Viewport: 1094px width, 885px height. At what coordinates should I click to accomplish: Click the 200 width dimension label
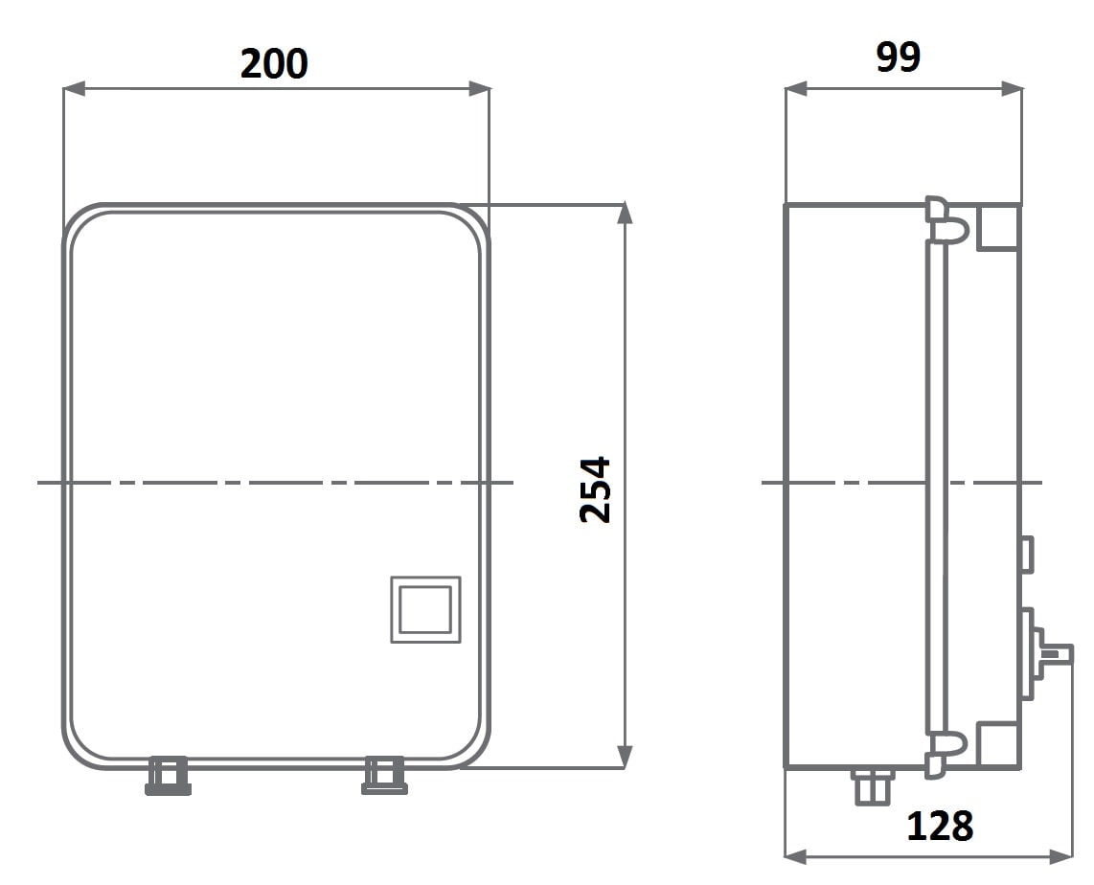point(274,63)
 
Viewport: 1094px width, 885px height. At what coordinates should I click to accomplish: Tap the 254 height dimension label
point(595,489)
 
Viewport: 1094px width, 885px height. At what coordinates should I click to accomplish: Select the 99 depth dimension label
point(898,57)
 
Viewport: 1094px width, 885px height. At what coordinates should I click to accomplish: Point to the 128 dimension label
point(939,826)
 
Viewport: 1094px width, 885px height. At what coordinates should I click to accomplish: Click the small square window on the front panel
point(425,609)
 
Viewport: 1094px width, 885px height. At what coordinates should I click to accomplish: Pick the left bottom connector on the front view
point(169,776)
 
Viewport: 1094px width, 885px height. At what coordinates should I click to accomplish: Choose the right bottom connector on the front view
point(384,776)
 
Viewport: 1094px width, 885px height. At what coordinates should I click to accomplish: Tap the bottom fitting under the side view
point(872,786)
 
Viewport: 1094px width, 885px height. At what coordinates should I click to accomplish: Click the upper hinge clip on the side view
point(946,220)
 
